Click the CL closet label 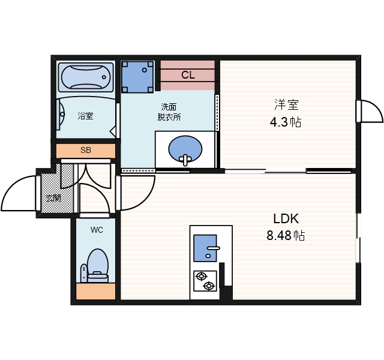click(188, 75)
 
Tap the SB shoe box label click(86, 150)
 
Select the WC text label click(97, 230)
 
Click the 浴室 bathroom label click(85, 116)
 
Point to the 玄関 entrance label click(53, 197)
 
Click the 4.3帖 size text click(286, 122)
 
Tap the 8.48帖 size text click(286, 235)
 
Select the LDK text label click(286, 218)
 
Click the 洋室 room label click(286, 104)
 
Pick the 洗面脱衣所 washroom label click(169, 112)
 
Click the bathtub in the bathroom click(86, 77)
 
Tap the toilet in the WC click(96, 266)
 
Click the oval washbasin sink click(185, 149)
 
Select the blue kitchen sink click(205, 248)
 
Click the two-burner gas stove click(205, 281)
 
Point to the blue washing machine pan click(137, 77)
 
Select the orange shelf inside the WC click(96, 292)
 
